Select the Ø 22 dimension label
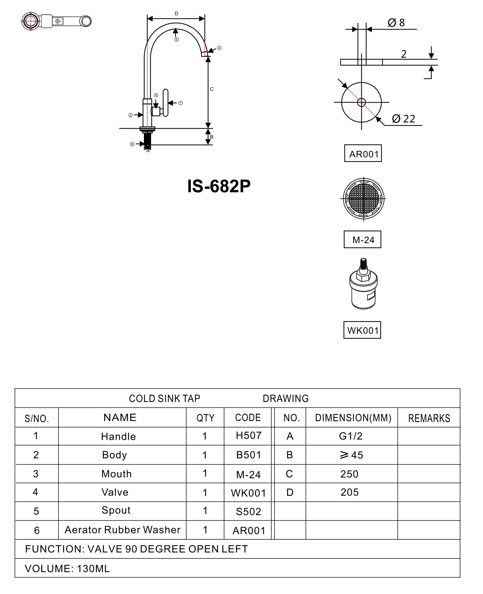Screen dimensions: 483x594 pyautogui.click(x=403, y=119)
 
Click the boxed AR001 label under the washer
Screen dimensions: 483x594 pyautogui.click(x=363, y=153)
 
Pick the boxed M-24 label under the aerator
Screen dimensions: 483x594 pyautogui.click(x=362, y=239)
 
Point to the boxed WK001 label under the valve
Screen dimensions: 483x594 pyautogui.click(x=362, y=330)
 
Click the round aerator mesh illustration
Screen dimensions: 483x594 pyautogui.click(x=363, y=199)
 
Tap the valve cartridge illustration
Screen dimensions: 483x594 pyautogui.click(x=363, y=284)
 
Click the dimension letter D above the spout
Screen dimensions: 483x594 pyautogui.click(x=176, y=14)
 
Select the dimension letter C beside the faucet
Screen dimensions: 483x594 pyautogui.click(x=212, y=89)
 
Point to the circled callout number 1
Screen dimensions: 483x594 pyautogui.click(x=180, y=103)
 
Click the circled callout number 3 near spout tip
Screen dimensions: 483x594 pyautogui.click(x=219, y=48)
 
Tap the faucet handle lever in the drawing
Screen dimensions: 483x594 pyautogui.click(x=166, y=103)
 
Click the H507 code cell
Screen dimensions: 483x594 pyautogui.click(x=248, y=435)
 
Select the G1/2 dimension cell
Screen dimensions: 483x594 pyautogui.click(x=351, y=436)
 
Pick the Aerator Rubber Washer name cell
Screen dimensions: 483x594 pyautogui.click(x=123, y=529)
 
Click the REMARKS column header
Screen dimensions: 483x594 pyautogui.click(x=429, y=418)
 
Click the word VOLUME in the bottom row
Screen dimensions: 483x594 pyautogui.click(x=49, y=569)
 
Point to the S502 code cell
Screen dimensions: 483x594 pyautogui.click(x=248, y=511)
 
